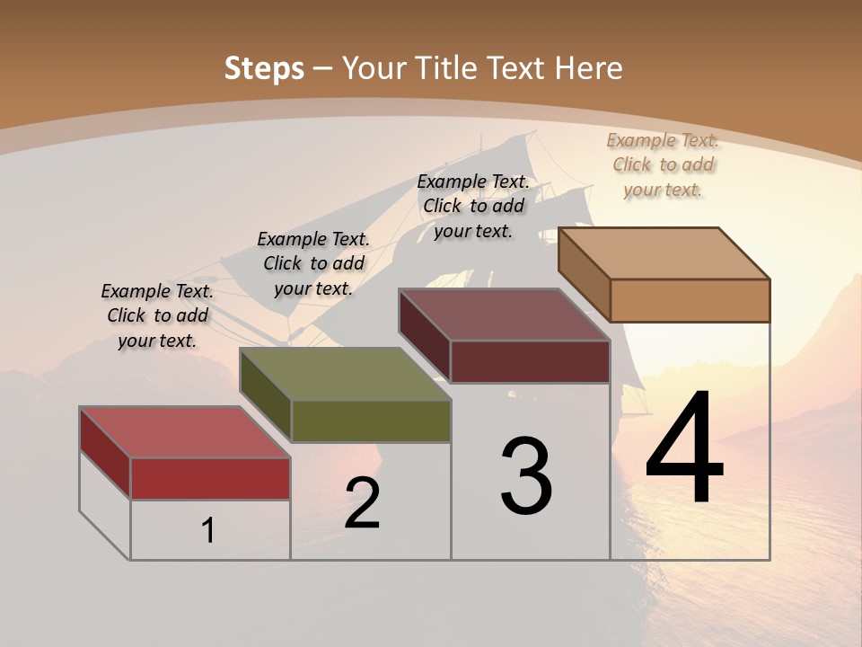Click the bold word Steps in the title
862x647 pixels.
[x=264, y=68]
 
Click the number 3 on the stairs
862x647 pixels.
[x=526, y=476]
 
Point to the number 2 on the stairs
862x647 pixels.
[x=362, y=503]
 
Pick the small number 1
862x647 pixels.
[x=208, y=531]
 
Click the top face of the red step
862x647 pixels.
[x=184, y=432]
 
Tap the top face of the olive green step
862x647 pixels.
[x=345, y=374]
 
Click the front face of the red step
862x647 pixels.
[x=210, y=478]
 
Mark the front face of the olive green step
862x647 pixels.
[x=371, y=421]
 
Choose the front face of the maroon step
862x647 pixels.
[x=530, y=361]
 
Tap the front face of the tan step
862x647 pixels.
[x=690, y=300]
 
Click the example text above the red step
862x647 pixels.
[x=158, y=316]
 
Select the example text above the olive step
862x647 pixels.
[x=313, y=263]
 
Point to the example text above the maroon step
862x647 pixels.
[x=473, y=206]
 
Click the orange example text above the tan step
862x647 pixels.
[x=663, y=164]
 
